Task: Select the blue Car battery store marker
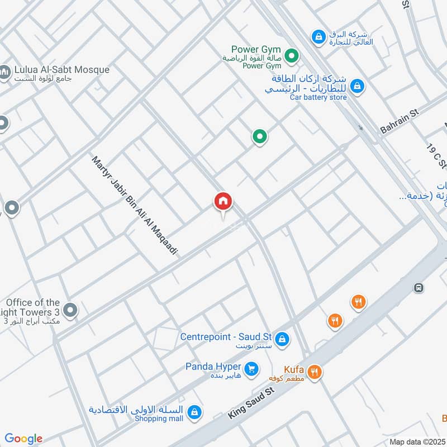[x=358, y=86]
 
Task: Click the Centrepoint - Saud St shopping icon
[x=283, y=339]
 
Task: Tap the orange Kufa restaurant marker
[x=315, y=372]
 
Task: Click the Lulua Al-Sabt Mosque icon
[x=4, y=73]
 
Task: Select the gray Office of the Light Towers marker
[x=70, y=310]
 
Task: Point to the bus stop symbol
[x=418, y=288]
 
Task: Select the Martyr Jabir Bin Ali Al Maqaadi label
[x=134, y=206]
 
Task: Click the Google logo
[x=23, y=439]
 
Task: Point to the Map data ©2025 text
[x=416, y=441]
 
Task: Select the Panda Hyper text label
[x=214, y=367]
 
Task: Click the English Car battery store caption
[x=318, y=97]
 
